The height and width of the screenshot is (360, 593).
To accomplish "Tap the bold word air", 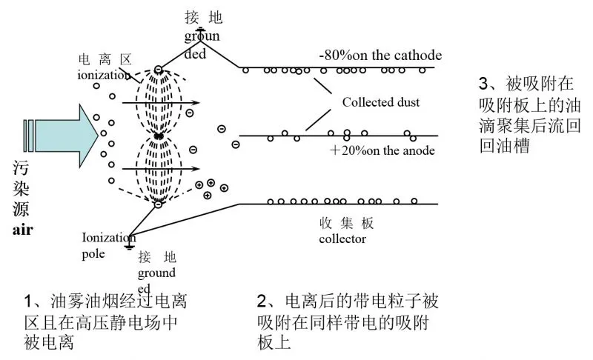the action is click(x=23, y=230).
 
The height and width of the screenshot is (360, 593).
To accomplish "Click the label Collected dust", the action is click(x=381, y=102).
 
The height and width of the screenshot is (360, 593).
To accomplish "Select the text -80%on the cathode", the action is click(x=380, y=55).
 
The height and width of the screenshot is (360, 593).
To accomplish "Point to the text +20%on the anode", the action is click(x=382, y=150).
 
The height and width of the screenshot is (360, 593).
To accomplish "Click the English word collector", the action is click(x=342, y=239).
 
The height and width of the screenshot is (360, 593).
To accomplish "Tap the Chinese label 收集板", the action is click(x=346, y=223).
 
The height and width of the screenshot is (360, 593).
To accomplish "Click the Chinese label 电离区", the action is click(x=105, y=59).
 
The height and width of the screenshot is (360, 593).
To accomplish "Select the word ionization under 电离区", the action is click(x=104, y=75).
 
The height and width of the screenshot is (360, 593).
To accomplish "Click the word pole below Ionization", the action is click(x=93, y=254).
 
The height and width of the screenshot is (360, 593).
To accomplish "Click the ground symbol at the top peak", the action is click(x=200, y=30).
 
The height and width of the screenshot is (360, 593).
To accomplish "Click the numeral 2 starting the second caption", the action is click(x=262, y=301).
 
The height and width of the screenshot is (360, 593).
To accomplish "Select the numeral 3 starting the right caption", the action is click(x=484, y=84).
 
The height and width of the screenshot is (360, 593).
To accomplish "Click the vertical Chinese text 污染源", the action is click(x=21, y=188).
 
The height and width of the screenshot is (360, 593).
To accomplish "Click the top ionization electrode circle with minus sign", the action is click(x=159, y=70).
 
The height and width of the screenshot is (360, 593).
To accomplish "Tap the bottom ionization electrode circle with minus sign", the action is click(x=158, y=204).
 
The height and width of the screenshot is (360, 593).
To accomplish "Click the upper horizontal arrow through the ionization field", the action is click(x=161, y=102).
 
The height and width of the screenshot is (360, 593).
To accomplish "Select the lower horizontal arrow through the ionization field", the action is click(x=161, y=169).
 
